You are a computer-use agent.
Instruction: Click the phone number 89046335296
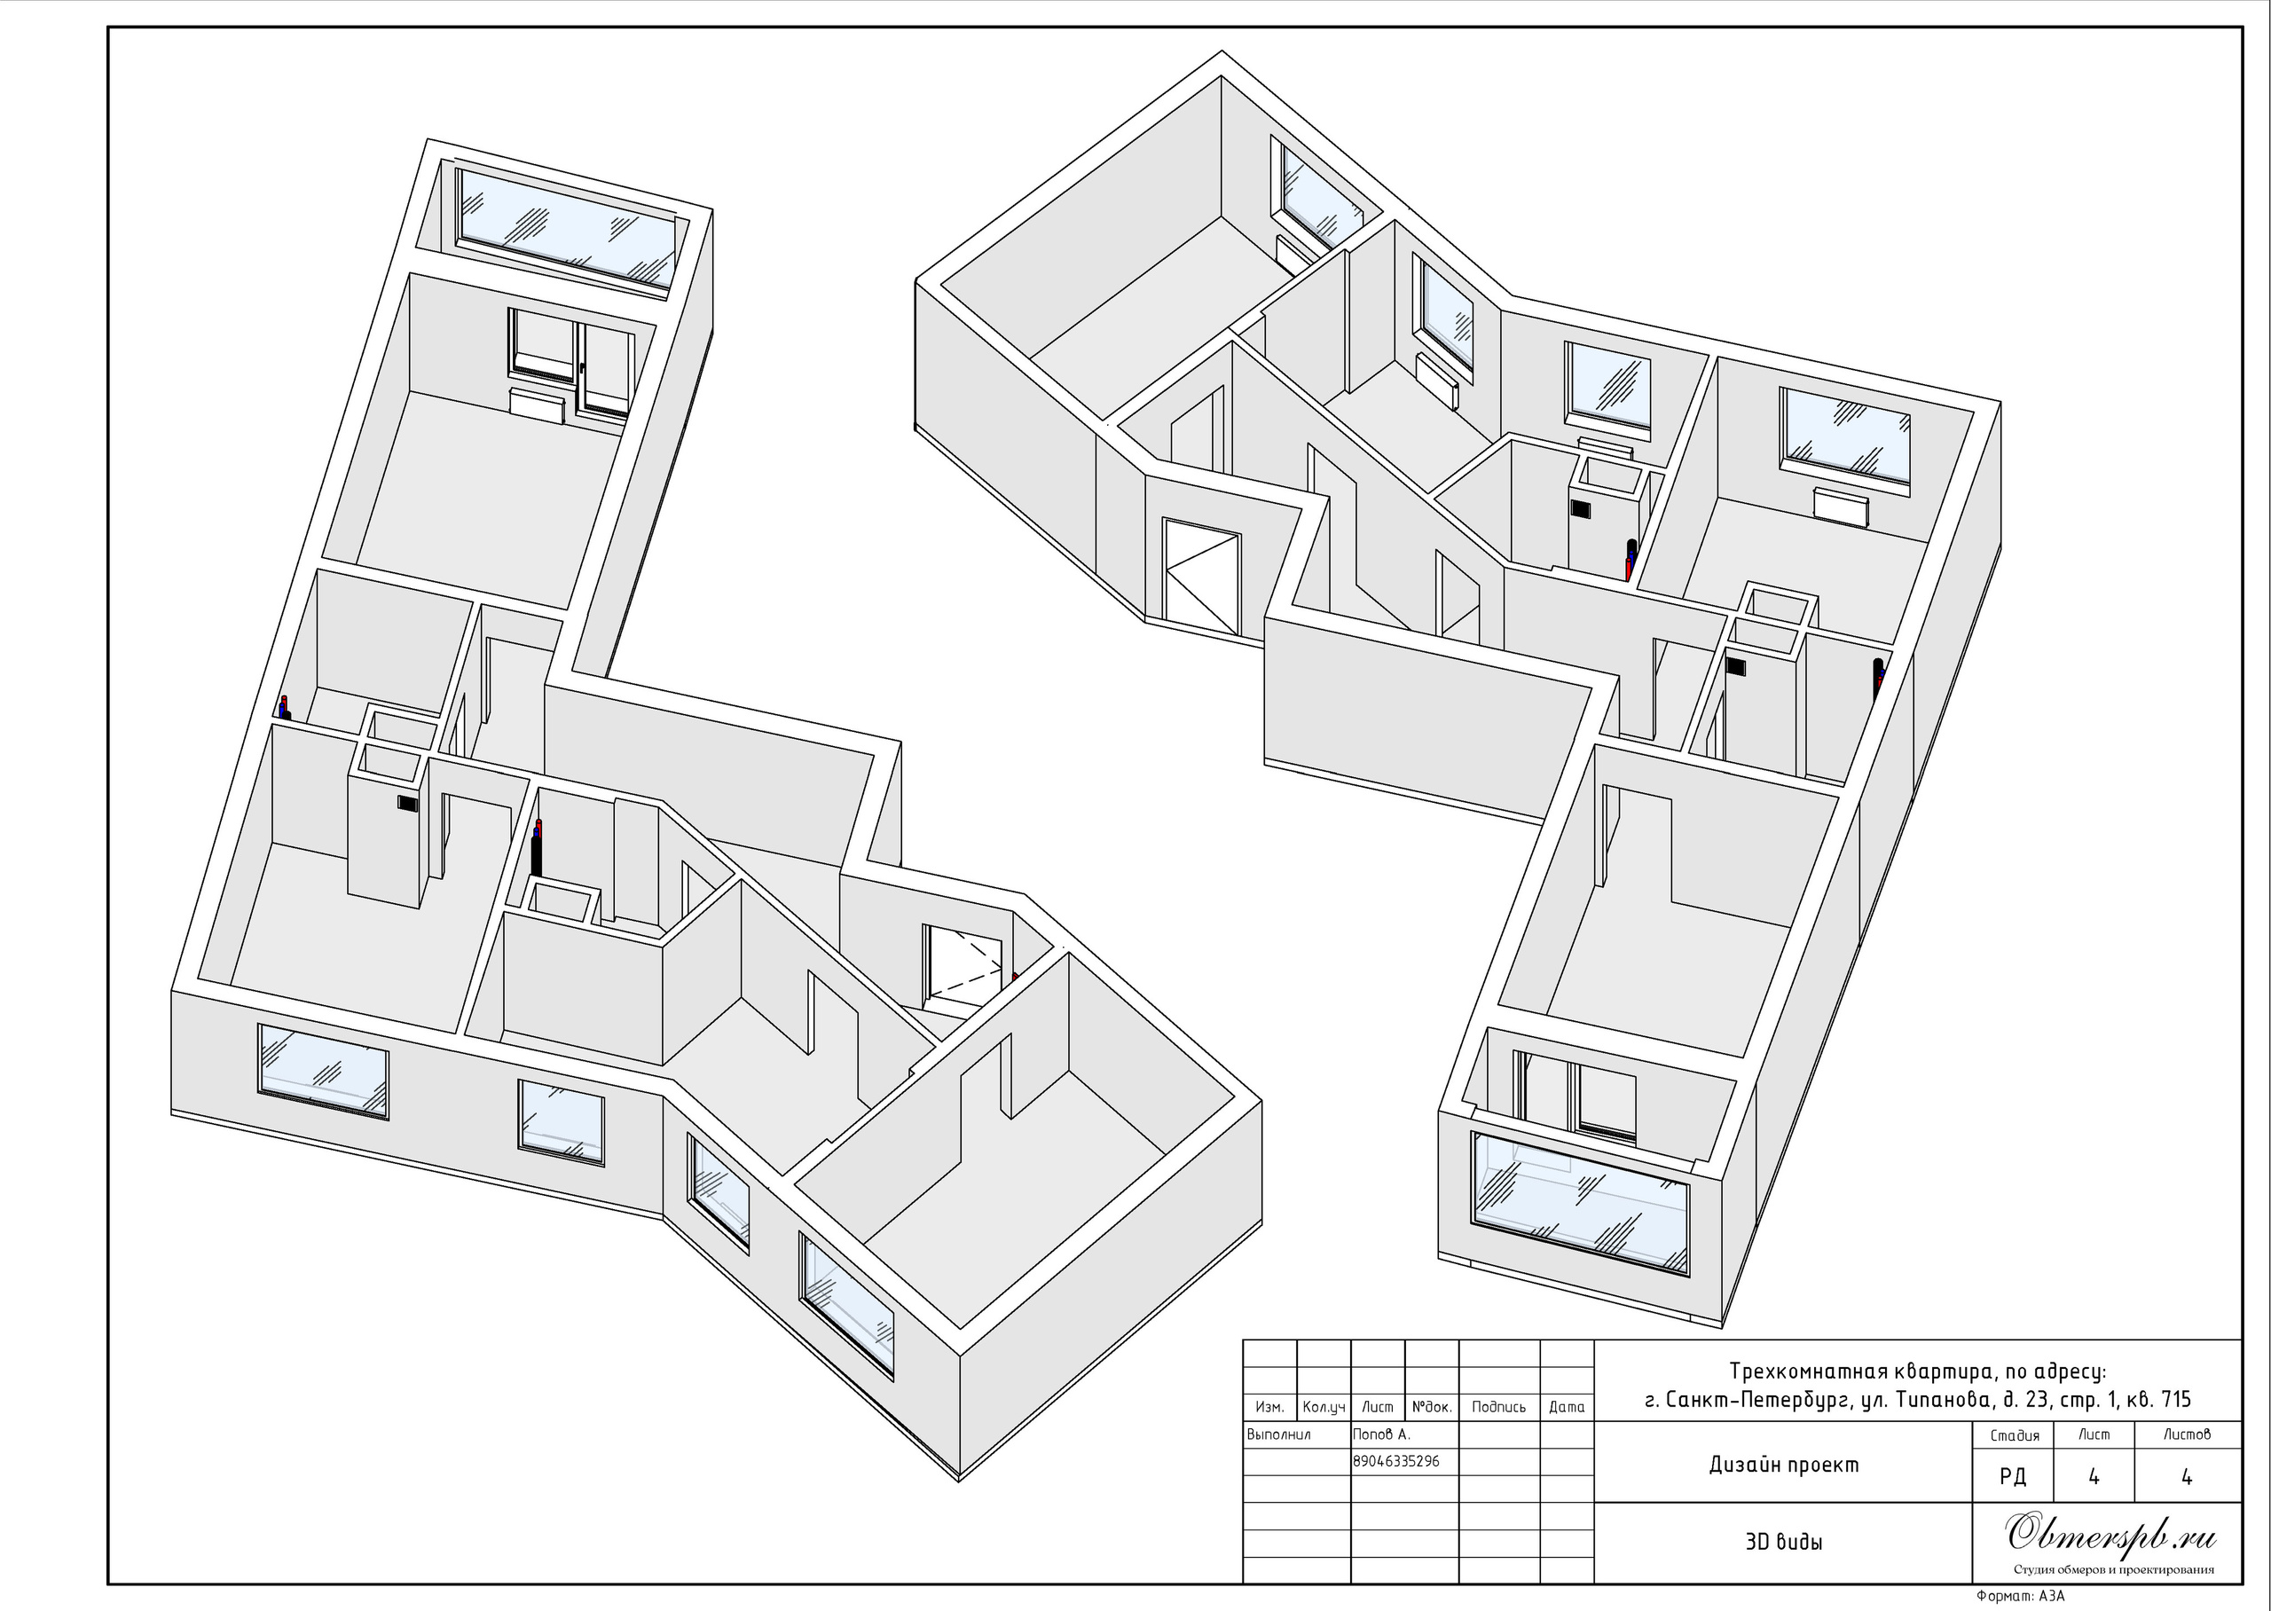pos(1396,1461)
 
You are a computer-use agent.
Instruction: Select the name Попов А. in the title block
pos(1381,1434)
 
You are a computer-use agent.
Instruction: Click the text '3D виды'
pos(1783,1542)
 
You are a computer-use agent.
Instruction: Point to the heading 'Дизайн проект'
pos(1784,1465)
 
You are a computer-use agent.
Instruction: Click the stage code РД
pos(2013,1476)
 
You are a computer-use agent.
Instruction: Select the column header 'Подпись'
pos(1499,1407)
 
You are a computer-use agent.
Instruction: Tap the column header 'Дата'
pos(1567,1407)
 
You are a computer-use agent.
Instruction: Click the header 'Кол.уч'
pos(1324,1407)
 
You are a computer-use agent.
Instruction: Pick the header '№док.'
pos(1432,1407)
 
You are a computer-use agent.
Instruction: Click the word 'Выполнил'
pos(1279,1434)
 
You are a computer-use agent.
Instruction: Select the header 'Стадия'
pos(2016,1435)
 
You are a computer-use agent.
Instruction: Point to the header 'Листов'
pos(2187,1434)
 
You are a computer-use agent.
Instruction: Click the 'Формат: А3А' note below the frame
pos(2020,1596)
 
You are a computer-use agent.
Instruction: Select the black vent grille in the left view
pos(407,803)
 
